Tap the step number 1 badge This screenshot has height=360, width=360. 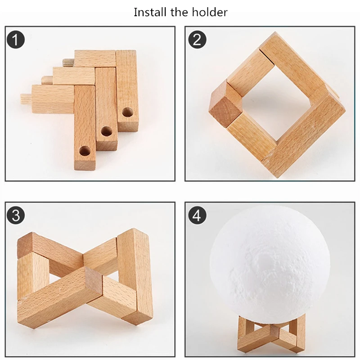[16, 39]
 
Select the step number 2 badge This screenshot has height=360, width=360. [197, 39]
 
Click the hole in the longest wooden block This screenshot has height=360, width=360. [85, 151]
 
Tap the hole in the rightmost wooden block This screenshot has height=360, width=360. [127, 112]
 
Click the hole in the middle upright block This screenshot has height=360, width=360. [107, 131]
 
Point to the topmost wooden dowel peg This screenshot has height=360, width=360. [68, 62]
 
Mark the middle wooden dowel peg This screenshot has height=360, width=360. [47, 80]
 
